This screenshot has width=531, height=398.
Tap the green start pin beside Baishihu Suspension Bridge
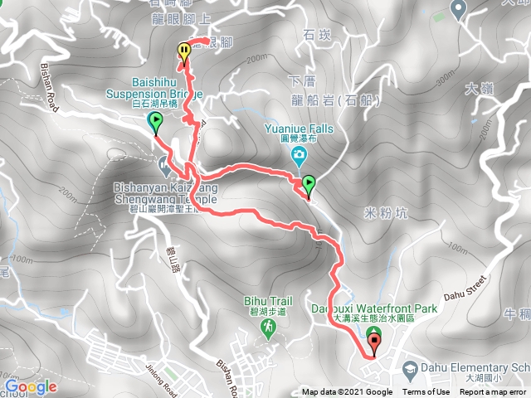tap(155, 124)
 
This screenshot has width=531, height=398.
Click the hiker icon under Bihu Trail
tap(269, 328)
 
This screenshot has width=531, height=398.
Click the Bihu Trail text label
tap(267, 300)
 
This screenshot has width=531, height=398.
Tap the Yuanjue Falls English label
tap(299, 129)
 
